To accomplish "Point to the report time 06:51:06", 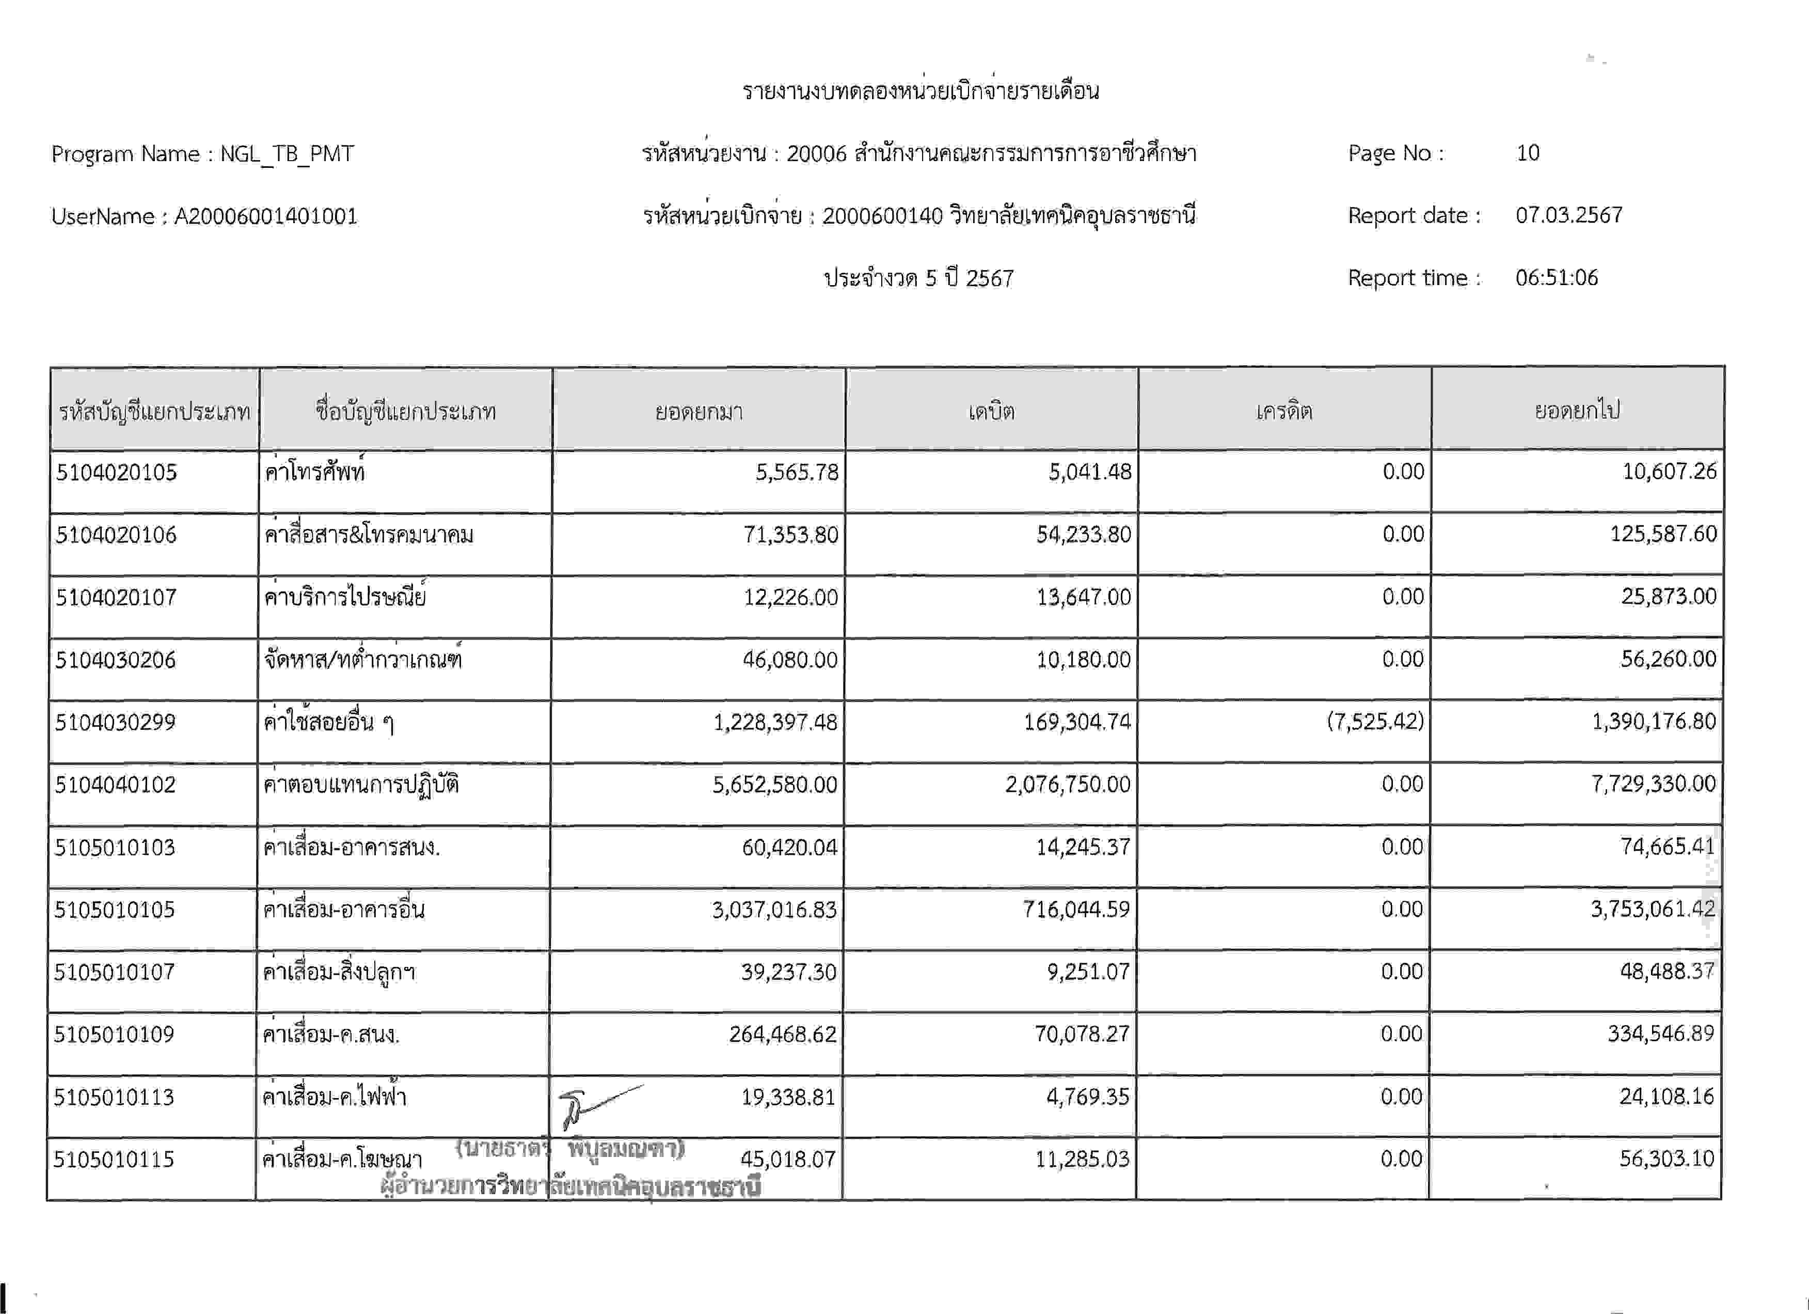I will coord(1556,278).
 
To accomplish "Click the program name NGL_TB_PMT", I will coord(287,153).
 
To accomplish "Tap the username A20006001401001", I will coord(265,216).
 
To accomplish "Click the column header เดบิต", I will coord(991,411).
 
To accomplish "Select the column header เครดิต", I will coord(1284,411).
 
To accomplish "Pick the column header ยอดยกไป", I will coord(1577,410).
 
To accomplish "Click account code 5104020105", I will coord(117,472).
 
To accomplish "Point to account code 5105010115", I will coord(114,1159).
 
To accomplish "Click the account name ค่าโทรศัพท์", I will coord(314,472).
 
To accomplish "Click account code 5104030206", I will coord(116,660).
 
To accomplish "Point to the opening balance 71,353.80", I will coord(790,535).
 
